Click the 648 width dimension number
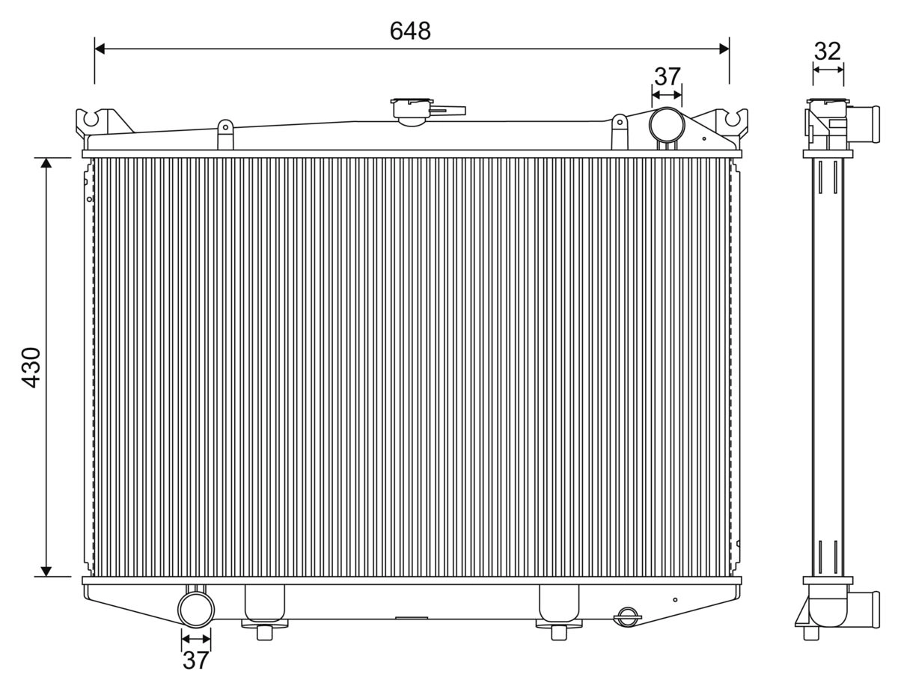point(410,31)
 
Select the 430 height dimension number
point(31,367)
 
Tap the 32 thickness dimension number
point(827,51)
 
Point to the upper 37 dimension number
point(667,76)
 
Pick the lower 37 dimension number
point(195,661)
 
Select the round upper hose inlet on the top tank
point(666,124)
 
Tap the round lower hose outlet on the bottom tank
point(196,608)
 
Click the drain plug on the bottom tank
point(626,616)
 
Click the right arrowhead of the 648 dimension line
point(724,49)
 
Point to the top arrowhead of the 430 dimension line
point(46,163)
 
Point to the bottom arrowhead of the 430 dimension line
point(46,572)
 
